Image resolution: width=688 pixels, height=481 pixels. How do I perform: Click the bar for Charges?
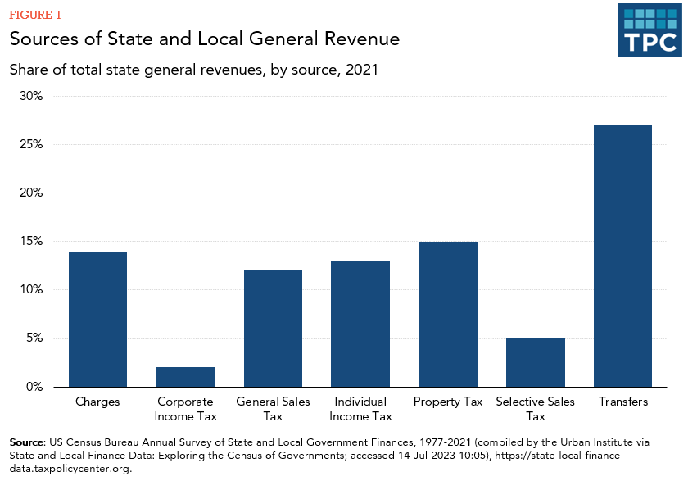[x=97, y=320]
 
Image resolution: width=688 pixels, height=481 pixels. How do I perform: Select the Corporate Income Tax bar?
[x=185, y=377]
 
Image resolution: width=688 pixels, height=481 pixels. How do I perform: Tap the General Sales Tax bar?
[x=273, y=329]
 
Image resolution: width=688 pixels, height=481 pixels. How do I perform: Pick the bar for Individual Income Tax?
[x=360, y=324]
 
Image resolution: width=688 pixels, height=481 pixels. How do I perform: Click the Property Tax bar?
[x=447, y=315]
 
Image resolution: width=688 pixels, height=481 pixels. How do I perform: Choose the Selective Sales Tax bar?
[x=535, y=363]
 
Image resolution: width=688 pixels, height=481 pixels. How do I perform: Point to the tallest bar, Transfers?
[x=622, y=256]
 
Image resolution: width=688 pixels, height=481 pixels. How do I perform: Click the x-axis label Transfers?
[x=622, y=402]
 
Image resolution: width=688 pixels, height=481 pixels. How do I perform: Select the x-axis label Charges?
[x=97, y=402]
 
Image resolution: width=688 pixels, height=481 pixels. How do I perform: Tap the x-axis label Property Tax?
[x=447, y=402]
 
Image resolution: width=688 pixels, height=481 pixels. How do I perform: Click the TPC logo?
[x=650, y=29]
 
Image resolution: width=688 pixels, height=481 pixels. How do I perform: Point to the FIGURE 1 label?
[x=34, y=15]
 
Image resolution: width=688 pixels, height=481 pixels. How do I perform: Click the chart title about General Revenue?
[x=205, y=39]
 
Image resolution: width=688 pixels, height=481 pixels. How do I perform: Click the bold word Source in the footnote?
[x=27, y=442]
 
